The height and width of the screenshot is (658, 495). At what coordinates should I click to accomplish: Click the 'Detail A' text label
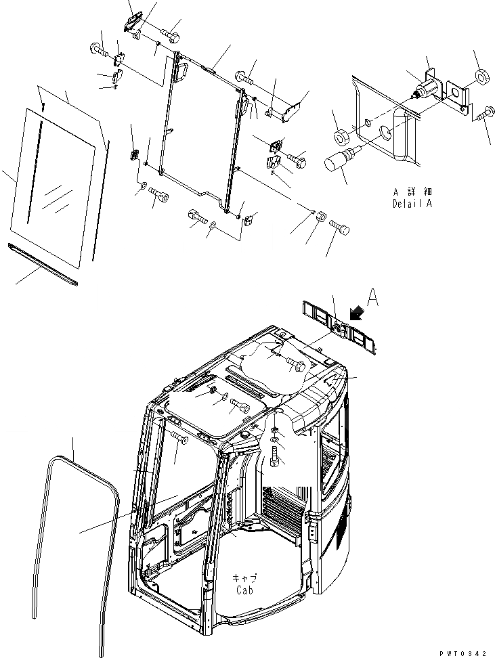(x=411, y=204)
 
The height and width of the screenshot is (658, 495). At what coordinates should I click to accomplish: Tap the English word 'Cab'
(x=244, y=590)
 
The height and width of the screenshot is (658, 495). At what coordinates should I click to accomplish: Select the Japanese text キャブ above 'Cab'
(x=244, y=579)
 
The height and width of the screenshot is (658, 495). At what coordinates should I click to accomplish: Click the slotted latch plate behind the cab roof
(x=339, y=329)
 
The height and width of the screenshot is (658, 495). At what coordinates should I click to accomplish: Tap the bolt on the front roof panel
(x=240, y=406)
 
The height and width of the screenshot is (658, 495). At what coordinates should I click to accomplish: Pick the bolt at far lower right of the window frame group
(x=340, y=229)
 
